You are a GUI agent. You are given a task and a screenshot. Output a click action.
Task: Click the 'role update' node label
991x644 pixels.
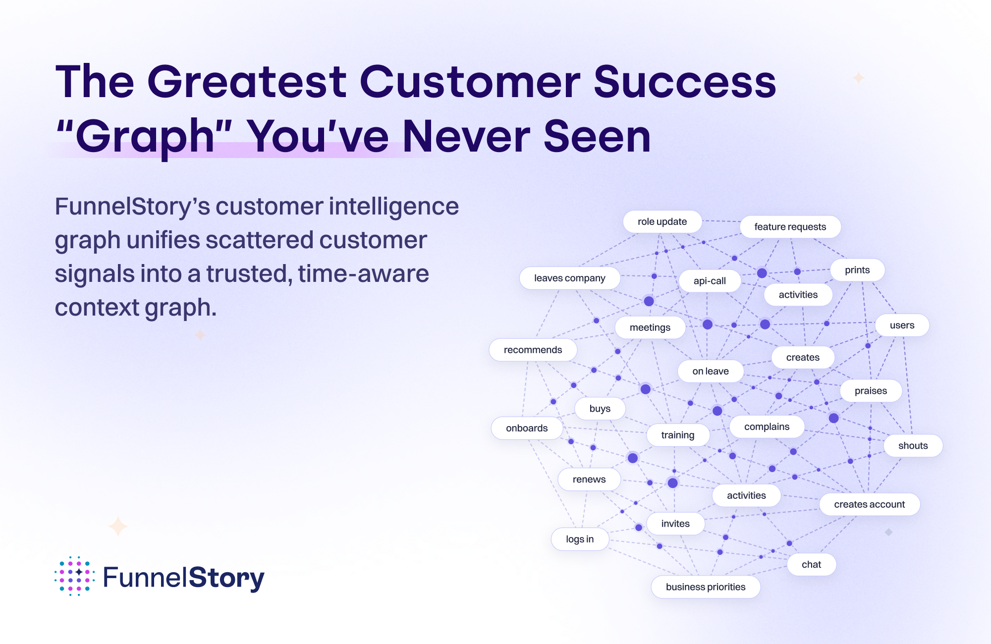pyautogui.click(x=662, y=221)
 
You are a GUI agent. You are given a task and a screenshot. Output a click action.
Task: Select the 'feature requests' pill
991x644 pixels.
pyautogui.click(x=790, y=227)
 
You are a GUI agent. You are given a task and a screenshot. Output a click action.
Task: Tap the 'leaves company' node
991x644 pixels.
pyautogui.click(x=570, y=278)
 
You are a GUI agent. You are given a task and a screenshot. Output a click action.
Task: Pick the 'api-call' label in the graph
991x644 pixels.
pyautogui.click(x=710, y=281)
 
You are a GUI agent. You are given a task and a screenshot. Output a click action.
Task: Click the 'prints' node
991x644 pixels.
pyautogui.click(x=857, y=270)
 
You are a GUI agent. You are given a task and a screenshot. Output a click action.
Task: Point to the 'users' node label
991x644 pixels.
pyautogui.click(x=902, y=325)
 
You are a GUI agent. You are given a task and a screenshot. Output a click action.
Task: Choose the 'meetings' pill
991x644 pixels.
pyautogui.click(x=650, y=327)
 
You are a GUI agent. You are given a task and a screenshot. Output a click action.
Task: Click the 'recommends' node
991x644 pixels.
pyautogui.click(x=533, y=350)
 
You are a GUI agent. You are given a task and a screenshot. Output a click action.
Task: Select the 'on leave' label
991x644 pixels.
pyautogui.click(x=711, y=371)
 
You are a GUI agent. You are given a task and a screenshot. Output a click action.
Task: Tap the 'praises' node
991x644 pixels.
pyautogui.click(x=871, y=391)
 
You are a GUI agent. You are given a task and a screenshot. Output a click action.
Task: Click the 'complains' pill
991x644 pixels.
pyautogui.click(x=767, y=427)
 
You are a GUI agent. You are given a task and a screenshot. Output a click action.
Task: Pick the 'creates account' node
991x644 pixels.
pyautogui.click(x=869, y=504)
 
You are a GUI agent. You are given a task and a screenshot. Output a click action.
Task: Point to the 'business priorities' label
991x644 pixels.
pyautogui.click(x=706, y=587)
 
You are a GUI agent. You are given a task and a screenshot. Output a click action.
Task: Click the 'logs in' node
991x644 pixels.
pyautogui.click(x=580, y=539)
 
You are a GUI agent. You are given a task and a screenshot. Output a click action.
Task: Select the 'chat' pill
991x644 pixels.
pyautogui.click(x=811, y=564)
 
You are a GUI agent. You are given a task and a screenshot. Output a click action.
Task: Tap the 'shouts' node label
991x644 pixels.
pyautogui.click(x=913, y=445)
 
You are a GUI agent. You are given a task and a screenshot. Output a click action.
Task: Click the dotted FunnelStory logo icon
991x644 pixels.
pyautogui.click(x=74, y=576)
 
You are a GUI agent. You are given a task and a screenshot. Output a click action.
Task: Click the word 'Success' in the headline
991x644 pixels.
pyautogui.click(x=685, y=82)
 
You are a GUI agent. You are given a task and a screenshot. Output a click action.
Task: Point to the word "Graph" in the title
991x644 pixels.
pyautogui.click(x=144, y=136)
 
